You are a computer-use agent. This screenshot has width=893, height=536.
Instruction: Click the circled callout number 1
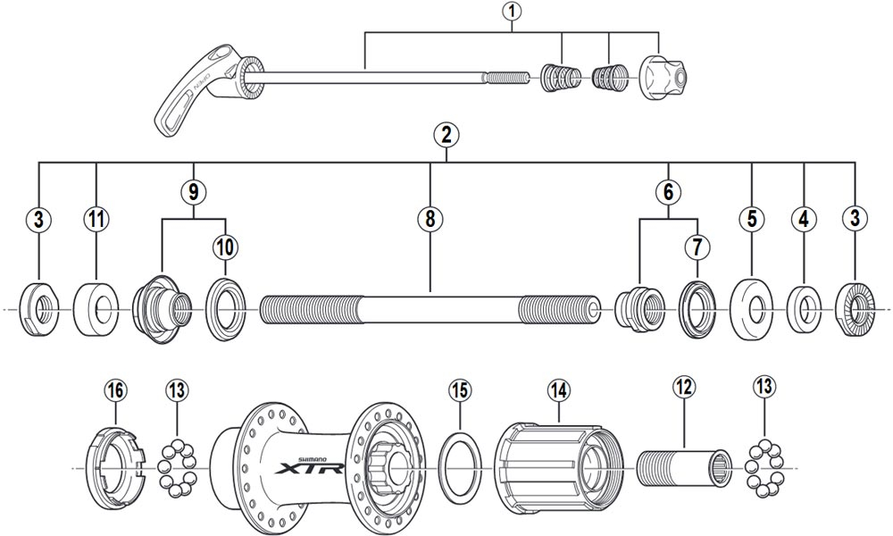pos(511,13)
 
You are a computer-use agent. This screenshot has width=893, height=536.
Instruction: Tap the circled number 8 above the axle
pos(430,218)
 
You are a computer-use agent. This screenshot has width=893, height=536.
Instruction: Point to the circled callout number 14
pos(558,390)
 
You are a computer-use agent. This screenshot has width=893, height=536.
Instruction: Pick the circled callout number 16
pos(115,390)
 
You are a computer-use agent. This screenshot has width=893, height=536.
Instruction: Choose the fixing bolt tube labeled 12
pos(683,468)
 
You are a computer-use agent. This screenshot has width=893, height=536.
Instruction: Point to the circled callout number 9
pos(193,189)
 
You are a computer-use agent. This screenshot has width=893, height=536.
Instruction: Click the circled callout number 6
pos(668,189)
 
